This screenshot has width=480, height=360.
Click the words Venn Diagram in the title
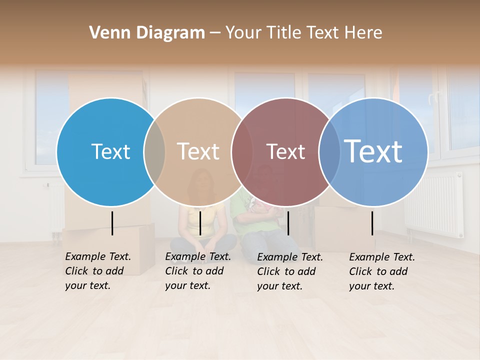click(x=147, y=33)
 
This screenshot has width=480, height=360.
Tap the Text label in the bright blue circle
click(x=110, y=151)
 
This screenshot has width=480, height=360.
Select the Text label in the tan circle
click(x=198, y=151)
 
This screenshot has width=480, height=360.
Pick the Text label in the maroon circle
click(x=285, y=151)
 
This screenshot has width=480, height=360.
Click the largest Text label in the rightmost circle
click(x=373, y=151)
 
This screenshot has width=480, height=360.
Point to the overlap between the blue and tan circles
click(x=154, y=152)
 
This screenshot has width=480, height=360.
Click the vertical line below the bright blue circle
click(x=112, y=223)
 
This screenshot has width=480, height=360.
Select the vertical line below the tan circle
click(x=200, y=223)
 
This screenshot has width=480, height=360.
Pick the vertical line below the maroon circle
click(x=288, y=223)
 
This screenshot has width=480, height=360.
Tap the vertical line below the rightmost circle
click(x=372, y=223)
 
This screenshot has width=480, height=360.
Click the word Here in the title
click(x=364, y=33)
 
